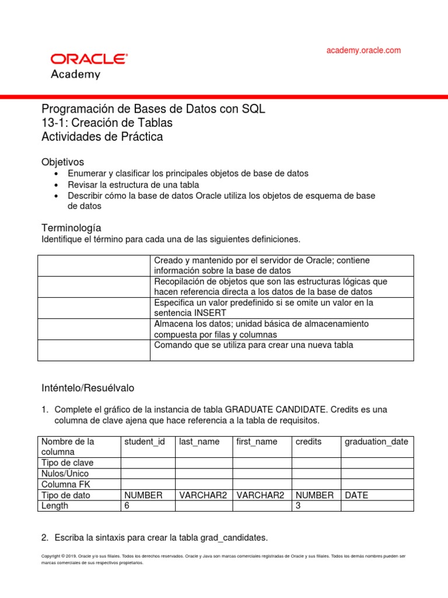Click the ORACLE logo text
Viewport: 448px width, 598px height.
(89, 59)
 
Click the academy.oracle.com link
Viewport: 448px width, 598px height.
(363, 50)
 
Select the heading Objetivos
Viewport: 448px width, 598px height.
(63, 162)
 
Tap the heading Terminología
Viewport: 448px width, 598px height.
(71, 227)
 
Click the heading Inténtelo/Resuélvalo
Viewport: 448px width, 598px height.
(88, 388)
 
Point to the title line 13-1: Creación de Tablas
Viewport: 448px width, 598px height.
(107, 123)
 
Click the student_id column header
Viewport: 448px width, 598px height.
(145, 441)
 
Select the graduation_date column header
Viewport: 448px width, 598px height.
(376, 441)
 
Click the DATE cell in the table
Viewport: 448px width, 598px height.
(356, 495)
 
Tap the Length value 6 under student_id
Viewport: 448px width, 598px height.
(127, 506)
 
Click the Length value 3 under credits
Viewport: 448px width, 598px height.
(298, 506)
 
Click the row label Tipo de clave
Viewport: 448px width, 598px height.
(68, 463)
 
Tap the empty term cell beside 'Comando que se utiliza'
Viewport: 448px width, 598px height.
(94, 350)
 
